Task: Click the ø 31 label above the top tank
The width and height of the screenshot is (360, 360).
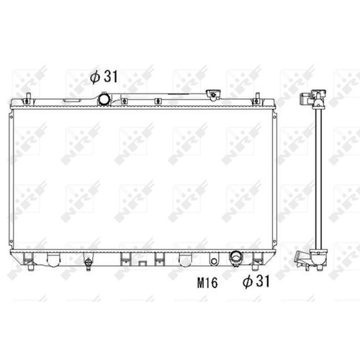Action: tap(104, 76)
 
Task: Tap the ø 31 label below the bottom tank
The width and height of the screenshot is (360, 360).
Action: tap(256, 281)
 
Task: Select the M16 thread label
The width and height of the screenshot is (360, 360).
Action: tap(207, 282)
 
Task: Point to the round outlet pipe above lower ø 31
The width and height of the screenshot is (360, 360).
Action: tap(236, 258)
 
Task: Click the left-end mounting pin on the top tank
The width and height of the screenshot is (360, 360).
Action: tap(28, 98)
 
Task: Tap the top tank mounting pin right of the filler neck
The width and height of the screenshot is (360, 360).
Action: tap(257, 98)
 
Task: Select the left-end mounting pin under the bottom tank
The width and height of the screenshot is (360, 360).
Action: tap(30, 266)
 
